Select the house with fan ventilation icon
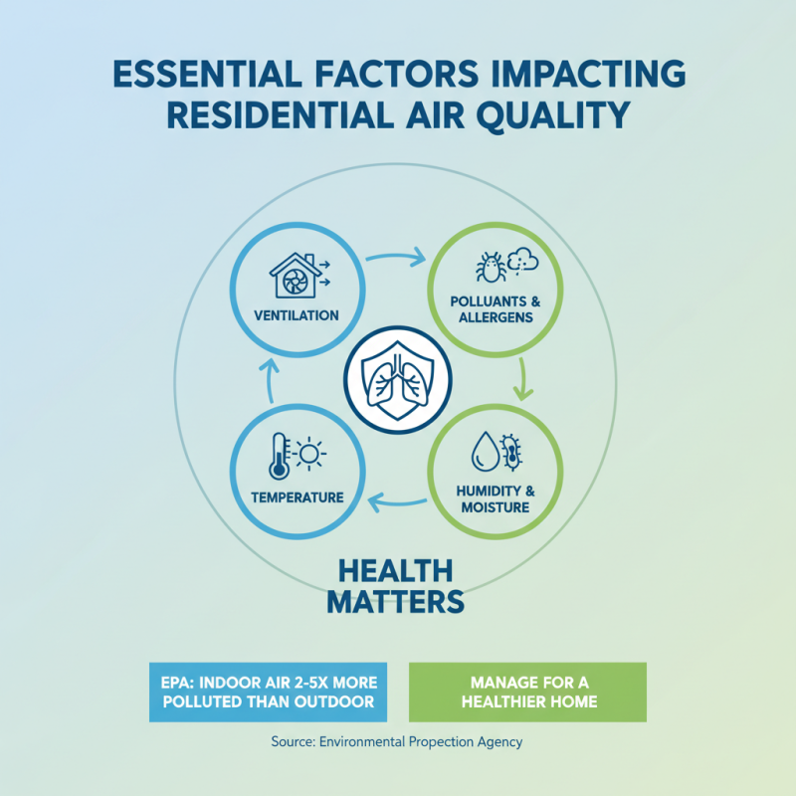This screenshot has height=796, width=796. pos(295,275)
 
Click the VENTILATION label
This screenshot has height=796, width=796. pos(296,315)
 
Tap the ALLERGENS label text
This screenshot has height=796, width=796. pos(495,317)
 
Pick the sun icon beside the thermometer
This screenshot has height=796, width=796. pos(308,455)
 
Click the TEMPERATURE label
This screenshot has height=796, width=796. pos(297,497)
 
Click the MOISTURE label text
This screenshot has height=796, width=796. pos(495,507)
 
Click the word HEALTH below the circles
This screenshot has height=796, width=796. pos(396,570)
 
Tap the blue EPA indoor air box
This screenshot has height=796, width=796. pos(270,692)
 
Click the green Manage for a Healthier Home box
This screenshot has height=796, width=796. pos(527,692)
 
